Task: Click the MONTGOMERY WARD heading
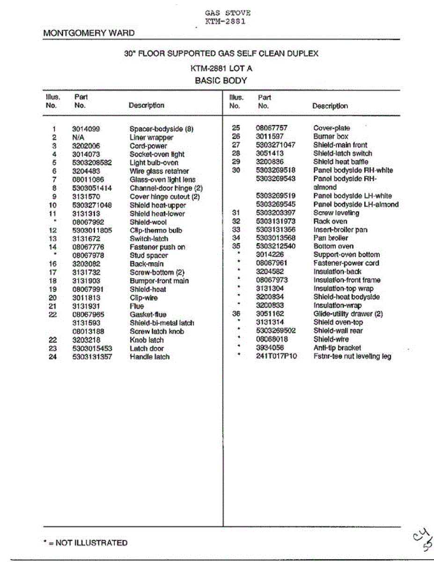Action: click(88, 33)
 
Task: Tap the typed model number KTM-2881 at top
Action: click(225, 21)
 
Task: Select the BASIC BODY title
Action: click(221, 80)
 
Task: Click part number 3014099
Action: click(86, 129)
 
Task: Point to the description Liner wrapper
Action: click(151, 138)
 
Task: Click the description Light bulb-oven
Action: click(154, 163)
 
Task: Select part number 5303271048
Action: click(92, 205)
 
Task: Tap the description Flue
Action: click(137, 306)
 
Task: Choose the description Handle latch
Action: click(149, 357)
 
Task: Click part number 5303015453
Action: click(92, 348)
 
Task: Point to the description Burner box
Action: click(331, 136)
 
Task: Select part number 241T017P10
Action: click(276, 356)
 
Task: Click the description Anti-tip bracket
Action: click(337, 348)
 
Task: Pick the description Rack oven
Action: click(330, 221)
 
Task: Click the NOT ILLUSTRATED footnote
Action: click(85, 543)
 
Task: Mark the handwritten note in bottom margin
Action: click(421, 540)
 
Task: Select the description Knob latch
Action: click(147, 340)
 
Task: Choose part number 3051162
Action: click(270, 314)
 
